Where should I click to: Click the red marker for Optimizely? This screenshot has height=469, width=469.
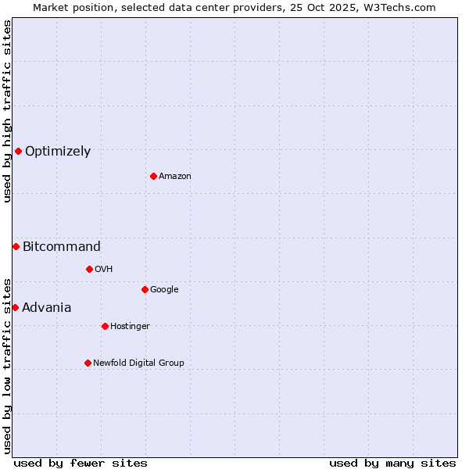point(18,151)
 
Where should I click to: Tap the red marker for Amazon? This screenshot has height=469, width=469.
point(153,176)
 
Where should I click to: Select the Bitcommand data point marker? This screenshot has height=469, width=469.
point(16,246)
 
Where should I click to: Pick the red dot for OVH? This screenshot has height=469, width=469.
point(89,269)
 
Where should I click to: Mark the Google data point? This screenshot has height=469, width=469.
point(145,289)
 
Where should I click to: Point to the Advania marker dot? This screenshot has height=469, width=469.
point(15,307)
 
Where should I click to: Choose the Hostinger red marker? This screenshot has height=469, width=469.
point(105,326)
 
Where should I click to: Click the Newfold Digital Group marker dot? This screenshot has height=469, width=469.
point(88,363)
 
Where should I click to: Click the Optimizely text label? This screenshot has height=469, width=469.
point(58,152)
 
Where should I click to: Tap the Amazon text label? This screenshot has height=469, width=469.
point(175,177)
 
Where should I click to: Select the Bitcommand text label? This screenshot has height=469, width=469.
point(62,247)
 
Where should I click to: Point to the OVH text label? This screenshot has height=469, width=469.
point(104,270)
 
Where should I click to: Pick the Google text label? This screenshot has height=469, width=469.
point(164,290)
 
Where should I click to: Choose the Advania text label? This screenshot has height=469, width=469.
point(47,308)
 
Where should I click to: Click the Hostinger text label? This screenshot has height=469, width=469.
point(130,327)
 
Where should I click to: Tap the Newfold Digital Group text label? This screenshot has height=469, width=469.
point(138,363)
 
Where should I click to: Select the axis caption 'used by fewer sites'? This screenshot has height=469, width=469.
point(81,463)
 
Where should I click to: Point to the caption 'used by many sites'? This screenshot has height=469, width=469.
point(392,463)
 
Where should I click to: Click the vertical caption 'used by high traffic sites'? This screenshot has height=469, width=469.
point(7,111)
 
